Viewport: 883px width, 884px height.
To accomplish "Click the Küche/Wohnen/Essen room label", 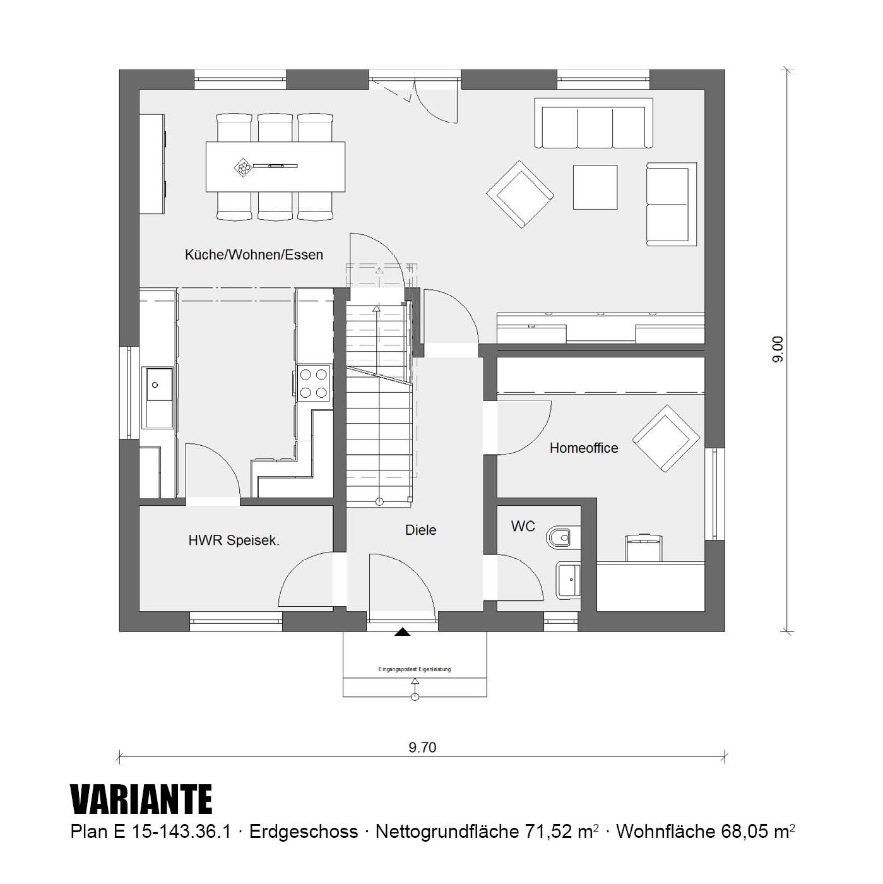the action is point(254,254).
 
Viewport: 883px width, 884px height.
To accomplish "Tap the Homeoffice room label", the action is point(583,448).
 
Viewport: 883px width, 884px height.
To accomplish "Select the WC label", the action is point(523,526).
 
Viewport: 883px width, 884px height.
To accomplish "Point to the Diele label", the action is point(420,530).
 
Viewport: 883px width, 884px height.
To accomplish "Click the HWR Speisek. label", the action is point(234,541).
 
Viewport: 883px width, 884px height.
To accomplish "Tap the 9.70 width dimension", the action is point(422,747).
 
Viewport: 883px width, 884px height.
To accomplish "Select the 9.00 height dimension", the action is point(778,350).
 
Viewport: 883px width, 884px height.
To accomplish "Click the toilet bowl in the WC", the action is point(562,536).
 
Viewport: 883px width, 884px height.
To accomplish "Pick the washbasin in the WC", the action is point(568,580).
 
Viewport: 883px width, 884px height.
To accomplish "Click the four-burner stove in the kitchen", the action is point(314,383).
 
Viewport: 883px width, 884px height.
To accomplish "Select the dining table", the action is point(275,167).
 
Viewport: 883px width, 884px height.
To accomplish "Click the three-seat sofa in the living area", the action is point(593,123).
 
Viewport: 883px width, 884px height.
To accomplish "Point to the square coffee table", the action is point(595,187).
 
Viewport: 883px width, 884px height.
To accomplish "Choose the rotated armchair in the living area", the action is point(519,194).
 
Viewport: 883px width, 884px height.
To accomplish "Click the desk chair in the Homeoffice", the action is point(644,547).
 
